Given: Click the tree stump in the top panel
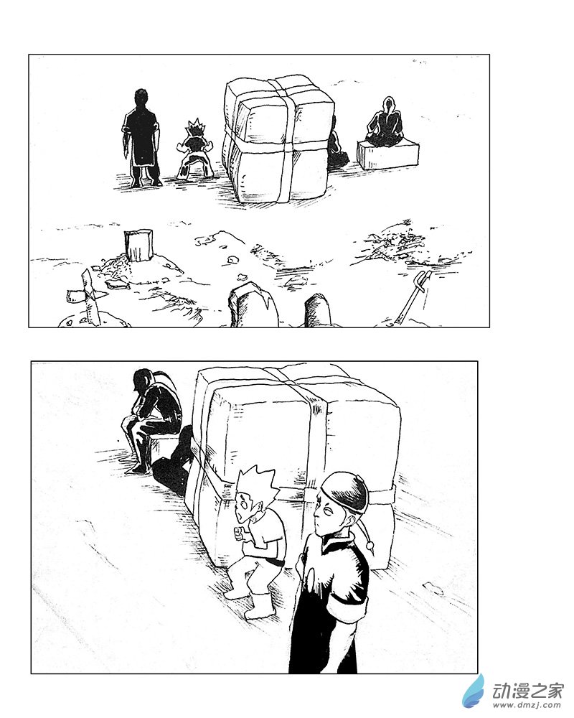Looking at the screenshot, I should click(x=139, y=246).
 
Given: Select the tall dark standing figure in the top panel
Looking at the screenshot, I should click(x=141, y=136).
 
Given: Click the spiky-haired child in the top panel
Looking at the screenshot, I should click(x=194, y=149).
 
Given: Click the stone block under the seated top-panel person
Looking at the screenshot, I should click(x=387, y=154).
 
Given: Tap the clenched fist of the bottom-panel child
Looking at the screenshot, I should click(x=240, y=533).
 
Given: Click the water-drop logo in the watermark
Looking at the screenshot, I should click(x=474, y=691).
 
